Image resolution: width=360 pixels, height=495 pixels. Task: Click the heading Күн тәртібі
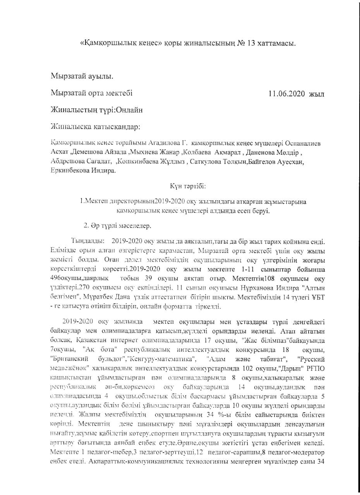pos(188,186)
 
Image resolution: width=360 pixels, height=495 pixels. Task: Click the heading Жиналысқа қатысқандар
pos(95,126)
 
